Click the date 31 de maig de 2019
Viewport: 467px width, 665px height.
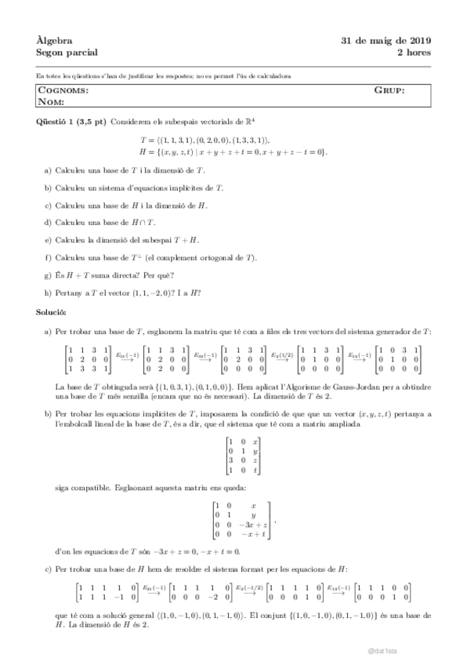pyautogui.click(x=386, y=41)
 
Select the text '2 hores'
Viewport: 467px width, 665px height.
pyautogui.click(x=414, y=53)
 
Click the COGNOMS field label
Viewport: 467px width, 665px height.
pyautogui.click(x=63, y=91)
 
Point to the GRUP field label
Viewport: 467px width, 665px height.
pyautogui.click(x=389, y=91)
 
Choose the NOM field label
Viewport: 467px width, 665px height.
pyautogui.click(x=52, y=102)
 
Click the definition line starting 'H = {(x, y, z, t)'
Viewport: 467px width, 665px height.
pyautogui.click(x=233, y=151)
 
